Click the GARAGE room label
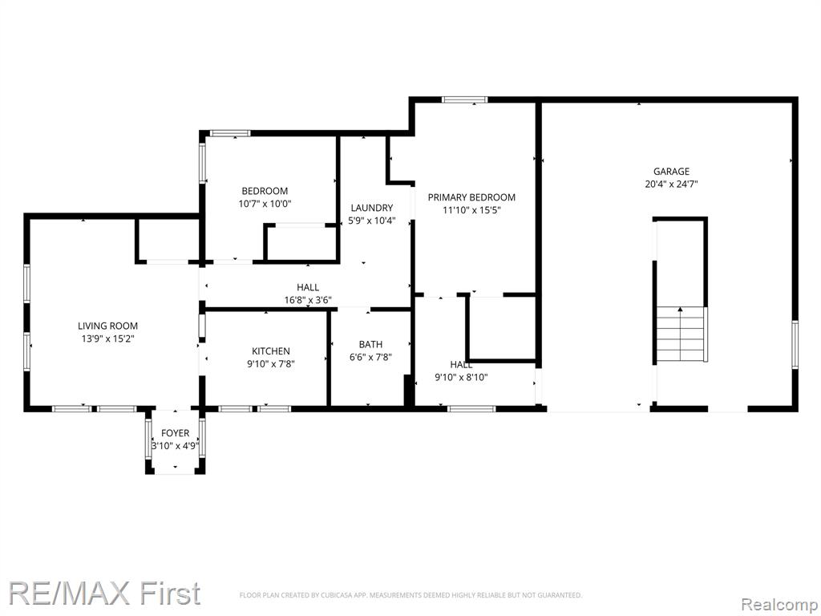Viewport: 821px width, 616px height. pyautogui.click(x=671, y=172)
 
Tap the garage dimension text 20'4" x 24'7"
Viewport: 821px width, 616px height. pyautogui.click(x=671, y=184)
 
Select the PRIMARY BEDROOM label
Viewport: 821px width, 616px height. pyautogui.click(x=471, y=197)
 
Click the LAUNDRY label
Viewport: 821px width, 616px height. pyautogui.click(x=372, y=208)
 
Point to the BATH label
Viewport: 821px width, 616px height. pyautogui.click(x=370, y=345)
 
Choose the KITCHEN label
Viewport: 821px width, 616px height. pyautogui.click(x=271, y=351)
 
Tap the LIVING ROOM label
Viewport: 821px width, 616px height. pyautogui.click(x=108, y=326)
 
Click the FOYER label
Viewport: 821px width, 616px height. pyautogui.click(x=175, y=433)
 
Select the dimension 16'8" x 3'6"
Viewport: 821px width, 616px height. pyautogui.click(x=308, y=300)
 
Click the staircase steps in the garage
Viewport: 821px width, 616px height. pyautogui.click(x=680, y=334)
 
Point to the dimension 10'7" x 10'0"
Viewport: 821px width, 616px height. pyautogui.click(x=265, y=204)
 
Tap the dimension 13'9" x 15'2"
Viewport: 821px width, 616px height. pyautogui.click(x=108, y=339)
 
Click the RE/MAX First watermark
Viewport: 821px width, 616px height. pyautogui.click(x=105, y=593)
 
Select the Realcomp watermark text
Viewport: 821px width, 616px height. pyautogui.click(x=779, y=605)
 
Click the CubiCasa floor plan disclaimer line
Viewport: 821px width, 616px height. pyautogui.click(x=410, y=595)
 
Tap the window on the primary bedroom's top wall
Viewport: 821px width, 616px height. pyautogui.click(x=464, y=99)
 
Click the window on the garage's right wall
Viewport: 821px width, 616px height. pyautogui.click(x=795, y=345)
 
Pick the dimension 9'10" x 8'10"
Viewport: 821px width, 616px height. pyautogui.click(x=461, y=377)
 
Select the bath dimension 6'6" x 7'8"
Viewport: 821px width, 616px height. pyautogui.click(x=370, y=358)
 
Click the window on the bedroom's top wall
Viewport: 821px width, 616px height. pyautogui.click(x=230, y=133)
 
